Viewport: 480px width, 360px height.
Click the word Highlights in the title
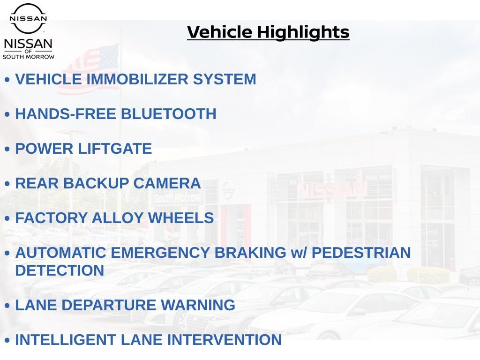pyautogui.click(x=303, y=32)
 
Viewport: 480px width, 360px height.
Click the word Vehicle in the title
pyautogui.click(x=220, y=32)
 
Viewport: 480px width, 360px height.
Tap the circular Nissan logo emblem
pyautogui.click(x=28, y=18)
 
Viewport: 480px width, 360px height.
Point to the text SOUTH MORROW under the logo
pyautogui.click(x=29, y=57)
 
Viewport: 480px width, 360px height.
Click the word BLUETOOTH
pyautogui.click(x=169, y=114)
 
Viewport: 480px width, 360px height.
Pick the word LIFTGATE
pyautogui.click(x=115, y=149)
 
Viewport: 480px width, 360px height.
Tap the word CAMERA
pyautogui.click(x=167, y=183)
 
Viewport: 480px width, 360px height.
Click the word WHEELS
pyautogui.click(x=181, y=218)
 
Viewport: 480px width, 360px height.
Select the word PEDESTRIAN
pyautogui.click(x=361, y=253)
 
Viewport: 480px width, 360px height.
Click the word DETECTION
pyautogui.click(x=60, y=270)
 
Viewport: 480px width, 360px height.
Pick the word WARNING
pyautogui.click(x=198, y=305)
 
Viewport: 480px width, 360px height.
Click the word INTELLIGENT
pyautogui.click(x=66, y=340)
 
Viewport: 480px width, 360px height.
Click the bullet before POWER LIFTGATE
pyautogui.click(x=7, y=149)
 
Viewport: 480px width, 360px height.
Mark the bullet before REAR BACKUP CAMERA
pyautogui.click(x=7, y=184)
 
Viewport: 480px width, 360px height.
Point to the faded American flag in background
pyautogui.click(x=88, y=69)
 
